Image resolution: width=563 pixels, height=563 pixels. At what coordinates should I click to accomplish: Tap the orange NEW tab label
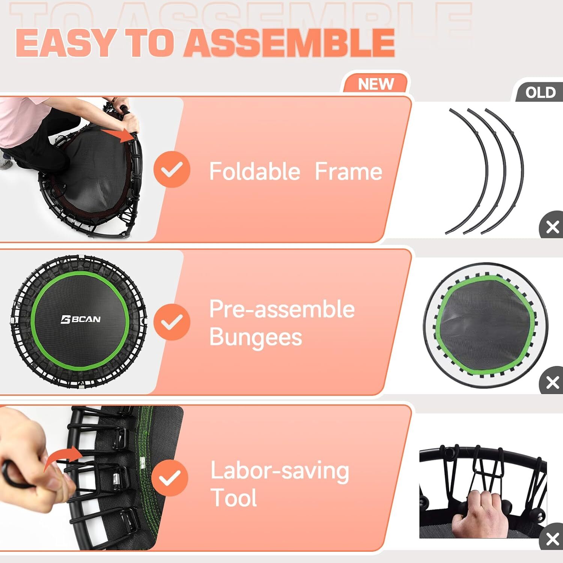[376, 84]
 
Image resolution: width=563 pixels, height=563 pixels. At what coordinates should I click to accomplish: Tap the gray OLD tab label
[540, 92]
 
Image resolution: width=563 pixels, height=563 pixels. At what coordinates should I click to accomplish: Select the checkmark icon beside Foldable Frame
[172, 170]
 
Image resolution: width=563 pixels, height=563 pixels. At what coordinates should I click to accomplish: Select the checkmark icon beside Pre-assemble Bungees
[172, 322]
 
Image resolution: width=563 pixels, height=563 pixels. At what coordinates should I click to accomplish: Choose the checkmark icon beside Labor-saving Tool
[170, 478]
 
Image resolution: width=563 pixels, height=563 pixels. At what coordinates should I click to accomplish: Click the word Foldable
[254, 172]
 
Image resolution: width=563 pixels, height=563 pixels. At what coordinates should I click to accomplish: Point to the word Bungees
[255, 337]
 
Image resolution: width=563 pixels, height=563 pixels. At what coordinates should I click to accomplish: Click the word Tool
[233, 498]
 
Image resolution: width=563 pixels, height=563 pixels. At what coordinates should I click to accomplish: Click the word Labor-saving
[280, 471]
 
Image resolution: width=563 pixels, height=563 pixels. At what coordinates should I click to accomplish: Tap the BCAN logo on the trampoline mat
[81, 319]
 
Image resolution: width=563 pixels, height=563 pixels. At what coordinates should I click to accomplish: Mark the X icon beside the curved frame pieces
[552, 227]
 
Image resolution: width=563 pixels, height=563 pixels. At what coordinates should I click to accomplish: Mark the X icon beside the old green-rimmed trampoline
[552, 382]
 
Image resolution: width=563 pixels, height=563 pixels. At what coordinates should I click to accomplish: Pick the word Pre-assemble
[281, 309]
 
